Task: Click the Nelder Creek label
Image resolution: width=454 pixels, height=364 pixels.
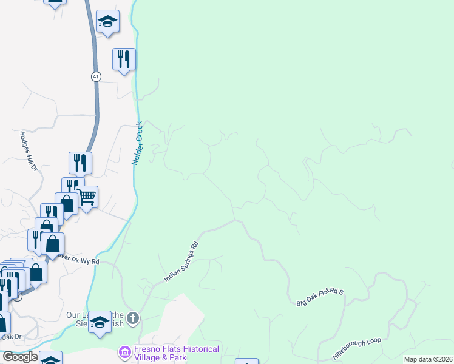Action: pos(138,144)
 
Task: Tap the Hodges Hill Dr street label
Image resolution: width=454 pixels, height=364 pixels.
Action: pos(30,150)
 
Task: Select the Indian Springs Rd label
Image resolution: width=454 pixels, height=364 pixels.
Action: pos(181,262)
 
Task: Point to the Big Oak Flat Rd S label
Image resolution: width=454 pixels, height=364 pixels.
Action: pos(320,297)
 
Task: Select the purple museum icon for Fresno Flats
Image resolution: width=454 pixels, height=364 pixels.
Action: pos(124,352)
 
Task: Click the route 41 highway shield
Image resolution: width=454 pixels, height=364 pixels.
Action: pos(97,76)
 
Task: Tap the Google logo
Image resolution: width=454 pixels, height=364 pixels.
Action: pos(20,357)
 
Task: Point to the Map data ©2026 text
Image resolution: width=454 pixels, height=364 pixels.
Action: pos(428,359)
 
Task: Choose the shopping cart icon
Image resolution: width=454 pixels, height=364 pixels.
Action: pos(87,197)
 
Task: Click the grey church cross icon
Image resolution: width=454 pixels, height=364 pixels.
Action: pos(134,317)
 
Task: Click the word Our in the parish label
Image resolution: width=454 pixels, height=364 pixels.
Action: pos(73,315)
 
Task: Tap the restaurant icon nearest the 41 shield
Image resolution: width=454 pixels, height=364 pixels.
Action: pos(124,59)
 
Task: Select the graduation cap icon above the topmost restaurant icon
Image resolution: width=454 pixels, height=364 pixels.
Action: pos(107,21)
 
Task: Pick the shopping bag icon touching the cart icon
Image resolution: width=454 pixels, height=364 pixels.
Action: pos(67,204)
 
